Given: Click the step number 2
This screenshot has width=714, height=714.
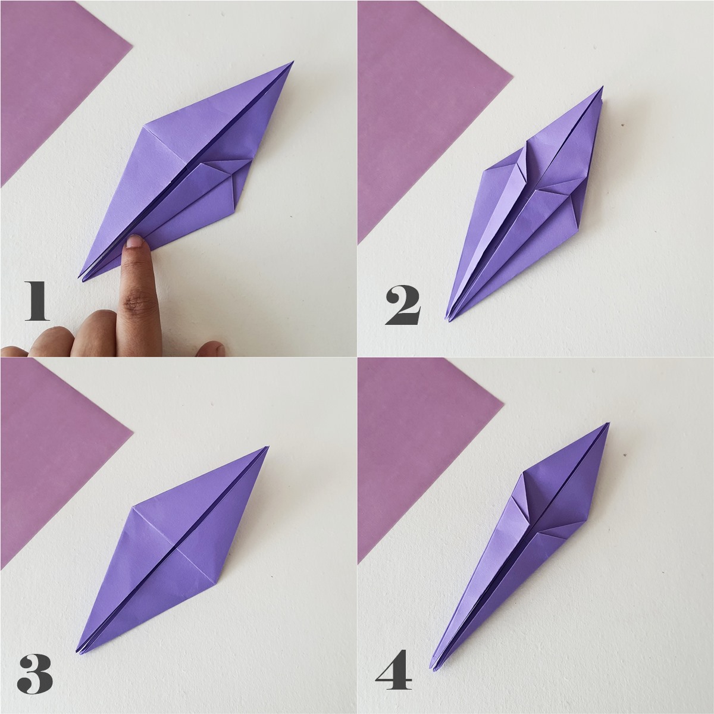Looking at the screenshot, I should coord(403,306).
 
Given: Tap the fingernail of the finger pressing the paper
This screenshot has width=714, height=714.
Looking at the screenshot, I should coord(136,240).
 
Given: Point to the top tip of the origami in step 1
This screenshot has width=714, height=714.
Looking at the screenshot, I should coord(292,62).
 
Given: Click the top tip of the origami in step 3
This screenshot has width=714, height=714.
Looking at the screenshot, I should coord(268,447).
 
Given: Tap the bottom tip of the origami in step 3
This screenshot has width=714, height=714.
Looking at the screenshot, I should coord(78,652).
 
